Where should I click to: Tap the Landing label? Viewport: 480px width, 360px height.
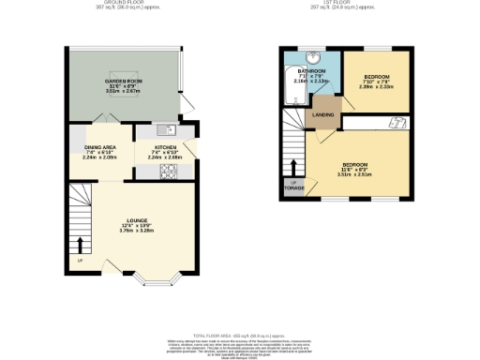coord(323,115)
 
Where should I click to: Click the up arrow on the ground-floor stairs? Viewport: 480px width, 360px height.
coord(80,246)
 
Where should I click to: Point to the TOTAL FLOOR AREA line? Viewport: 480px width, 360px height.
coord(240,335)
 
